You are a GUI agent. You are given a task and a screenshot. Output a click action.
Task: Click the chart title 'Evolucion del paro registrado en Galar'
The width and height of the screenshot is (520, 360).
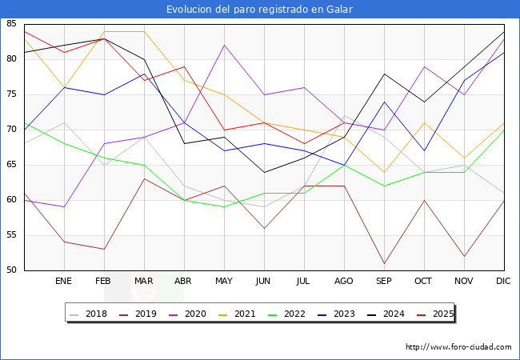(260, 10)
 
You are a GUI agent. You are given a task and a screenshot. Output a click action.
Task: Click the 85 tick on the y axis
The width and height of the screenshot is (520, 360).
(12, 24)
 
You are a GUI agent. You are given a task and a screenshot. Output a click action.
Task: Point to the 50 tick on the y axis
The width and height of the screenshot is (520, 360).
(12, 270)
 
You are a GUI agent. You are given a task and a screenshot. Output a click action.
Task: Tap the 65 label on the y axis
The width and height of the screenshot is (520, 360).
(12, 165)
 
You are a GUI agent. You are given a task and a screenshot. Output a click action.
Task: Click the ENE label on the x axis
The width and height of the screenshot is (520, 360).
(64, 282)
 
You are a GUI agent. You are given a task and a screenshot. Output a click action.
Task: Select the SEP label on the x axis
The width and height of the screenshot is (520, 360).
(384, 282)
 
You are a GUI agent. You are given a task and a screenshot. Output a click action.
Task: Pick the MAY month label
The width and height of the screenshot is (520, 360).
(224, 282)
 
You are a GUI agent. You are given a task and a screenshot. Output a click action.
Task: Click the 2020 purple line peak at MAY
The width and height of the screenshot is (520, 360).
(224, 45)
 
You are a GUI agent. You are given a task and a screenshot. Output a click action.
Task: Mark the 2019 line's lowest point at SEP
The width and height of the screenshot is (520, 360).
(384, 263)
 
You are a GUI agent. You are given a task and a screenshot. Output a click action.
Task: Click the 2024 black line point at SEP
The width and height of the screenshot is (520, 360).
(384, 74)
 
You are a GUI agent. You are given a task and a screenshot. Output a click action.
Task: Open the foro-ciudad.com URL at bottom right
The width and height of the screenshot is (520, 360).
(458, 347)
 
